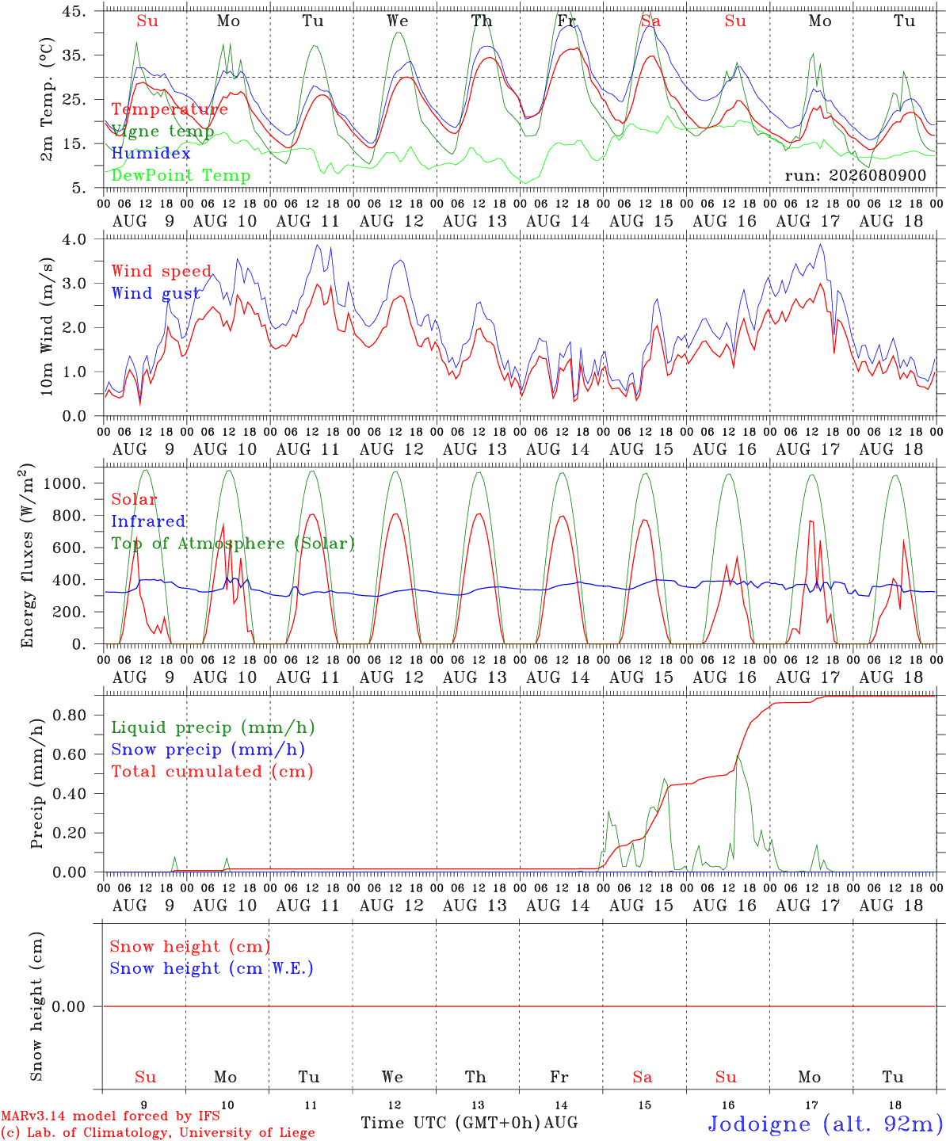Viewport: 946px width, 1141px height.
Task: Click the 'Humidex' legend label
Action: click(x=151, y=153)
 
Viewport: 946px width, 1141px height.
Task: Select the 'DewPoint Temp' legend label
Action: click(x=181, y=175)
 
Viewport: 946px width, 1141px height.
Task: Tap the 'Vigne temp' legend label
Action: click(x=162, y=132)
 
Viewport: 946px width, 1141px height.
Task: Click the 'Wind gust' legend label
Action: click(x=156, y=293)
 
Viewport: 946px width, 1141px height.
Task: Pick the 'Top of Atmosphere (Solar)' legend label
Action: click(x=234, y=544)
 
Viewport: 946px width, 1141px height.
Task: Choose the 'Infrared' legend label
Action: click(x=148, y=521)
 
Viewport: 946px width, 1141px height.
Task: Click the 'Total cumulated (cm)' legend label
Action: click(x=212, y=772)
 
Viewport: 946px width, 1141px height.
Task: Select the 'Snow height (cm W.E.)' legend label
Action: click(x=212, y=968)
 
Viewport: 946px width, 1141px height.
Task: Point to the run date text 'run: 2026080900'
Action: click(x=855, y=175)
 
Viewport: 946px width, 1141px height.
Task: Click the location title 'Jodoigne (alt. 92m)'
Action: click(x=826, y=1124)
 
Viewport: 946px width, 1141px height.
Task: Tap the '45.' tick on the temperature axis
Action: click(x=74, y=11)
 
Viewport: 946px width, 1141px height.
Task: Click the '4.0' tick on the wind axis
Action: click(x=74, y=239)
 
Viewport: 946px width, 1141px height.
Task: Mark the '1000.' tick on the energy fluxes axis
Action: click(x=65, y=483)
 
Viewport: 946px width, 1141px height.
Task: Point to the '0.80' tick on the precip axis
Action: click(x=70, y=716)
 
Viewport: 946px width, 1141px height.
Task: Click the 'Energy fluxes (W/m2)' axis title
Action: click(x=27, y=555)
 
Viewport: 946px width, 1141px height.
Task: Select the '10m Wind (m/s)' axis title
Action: click(x=47, y=326)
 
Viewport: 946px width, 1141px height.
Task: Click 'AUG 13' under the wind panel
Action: click(x=475, y=449)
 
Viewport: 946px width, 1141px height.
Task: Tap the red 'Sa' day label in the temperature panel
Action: click(x=651, y=21)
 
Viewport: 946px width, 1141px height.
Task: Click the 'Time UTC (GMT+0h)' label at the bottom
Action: click(x=450, y=1123)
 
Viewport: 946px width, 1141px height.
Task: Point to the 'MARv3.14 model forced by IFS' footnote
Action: click(x=110, y=1116)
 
